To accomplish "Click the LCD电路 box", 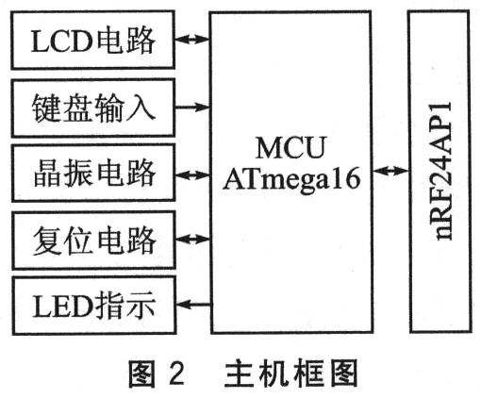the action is click(x=92, y=40).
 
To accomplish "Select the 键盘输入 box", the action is click(x=93, y=108).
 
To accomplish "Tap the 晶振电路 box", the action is click(x=93, y=173).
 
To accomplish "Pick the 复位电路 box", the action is click(x=93, y=241).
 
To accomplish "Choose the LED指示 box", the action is click(x=94, y=306).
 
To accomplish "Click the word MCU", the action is click(x=290, y=147).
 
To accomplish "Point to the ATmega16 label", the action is click(x=291, y=179).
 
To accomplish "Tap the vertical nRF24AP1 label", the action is click(x=441, y=171).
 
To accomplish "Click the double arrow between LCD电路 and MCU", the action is click(x=192, y=39).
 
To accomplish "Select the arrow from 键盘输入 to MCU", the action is click(x=192, y=107).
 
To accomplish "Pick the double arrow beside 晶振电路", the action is click(x=192, y=175).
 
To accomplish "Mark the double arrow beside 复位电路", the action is click(x=192, y=239).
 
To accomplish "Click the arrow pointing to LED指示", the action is click(x=193, y=304).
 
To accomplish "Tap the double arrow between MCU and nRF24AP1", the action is click(x=390, y=171).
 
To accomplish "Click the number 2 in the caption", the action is click(x=176, y=374).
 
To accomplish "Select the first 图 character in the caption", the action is click(x=142, y=374).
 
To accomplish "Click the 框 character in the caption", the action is click(x=307, y=374).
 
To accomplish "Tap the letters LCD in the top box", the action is click(x=62, y=42).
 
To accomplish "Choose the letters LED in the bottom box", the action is click(x=62, y=306).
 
